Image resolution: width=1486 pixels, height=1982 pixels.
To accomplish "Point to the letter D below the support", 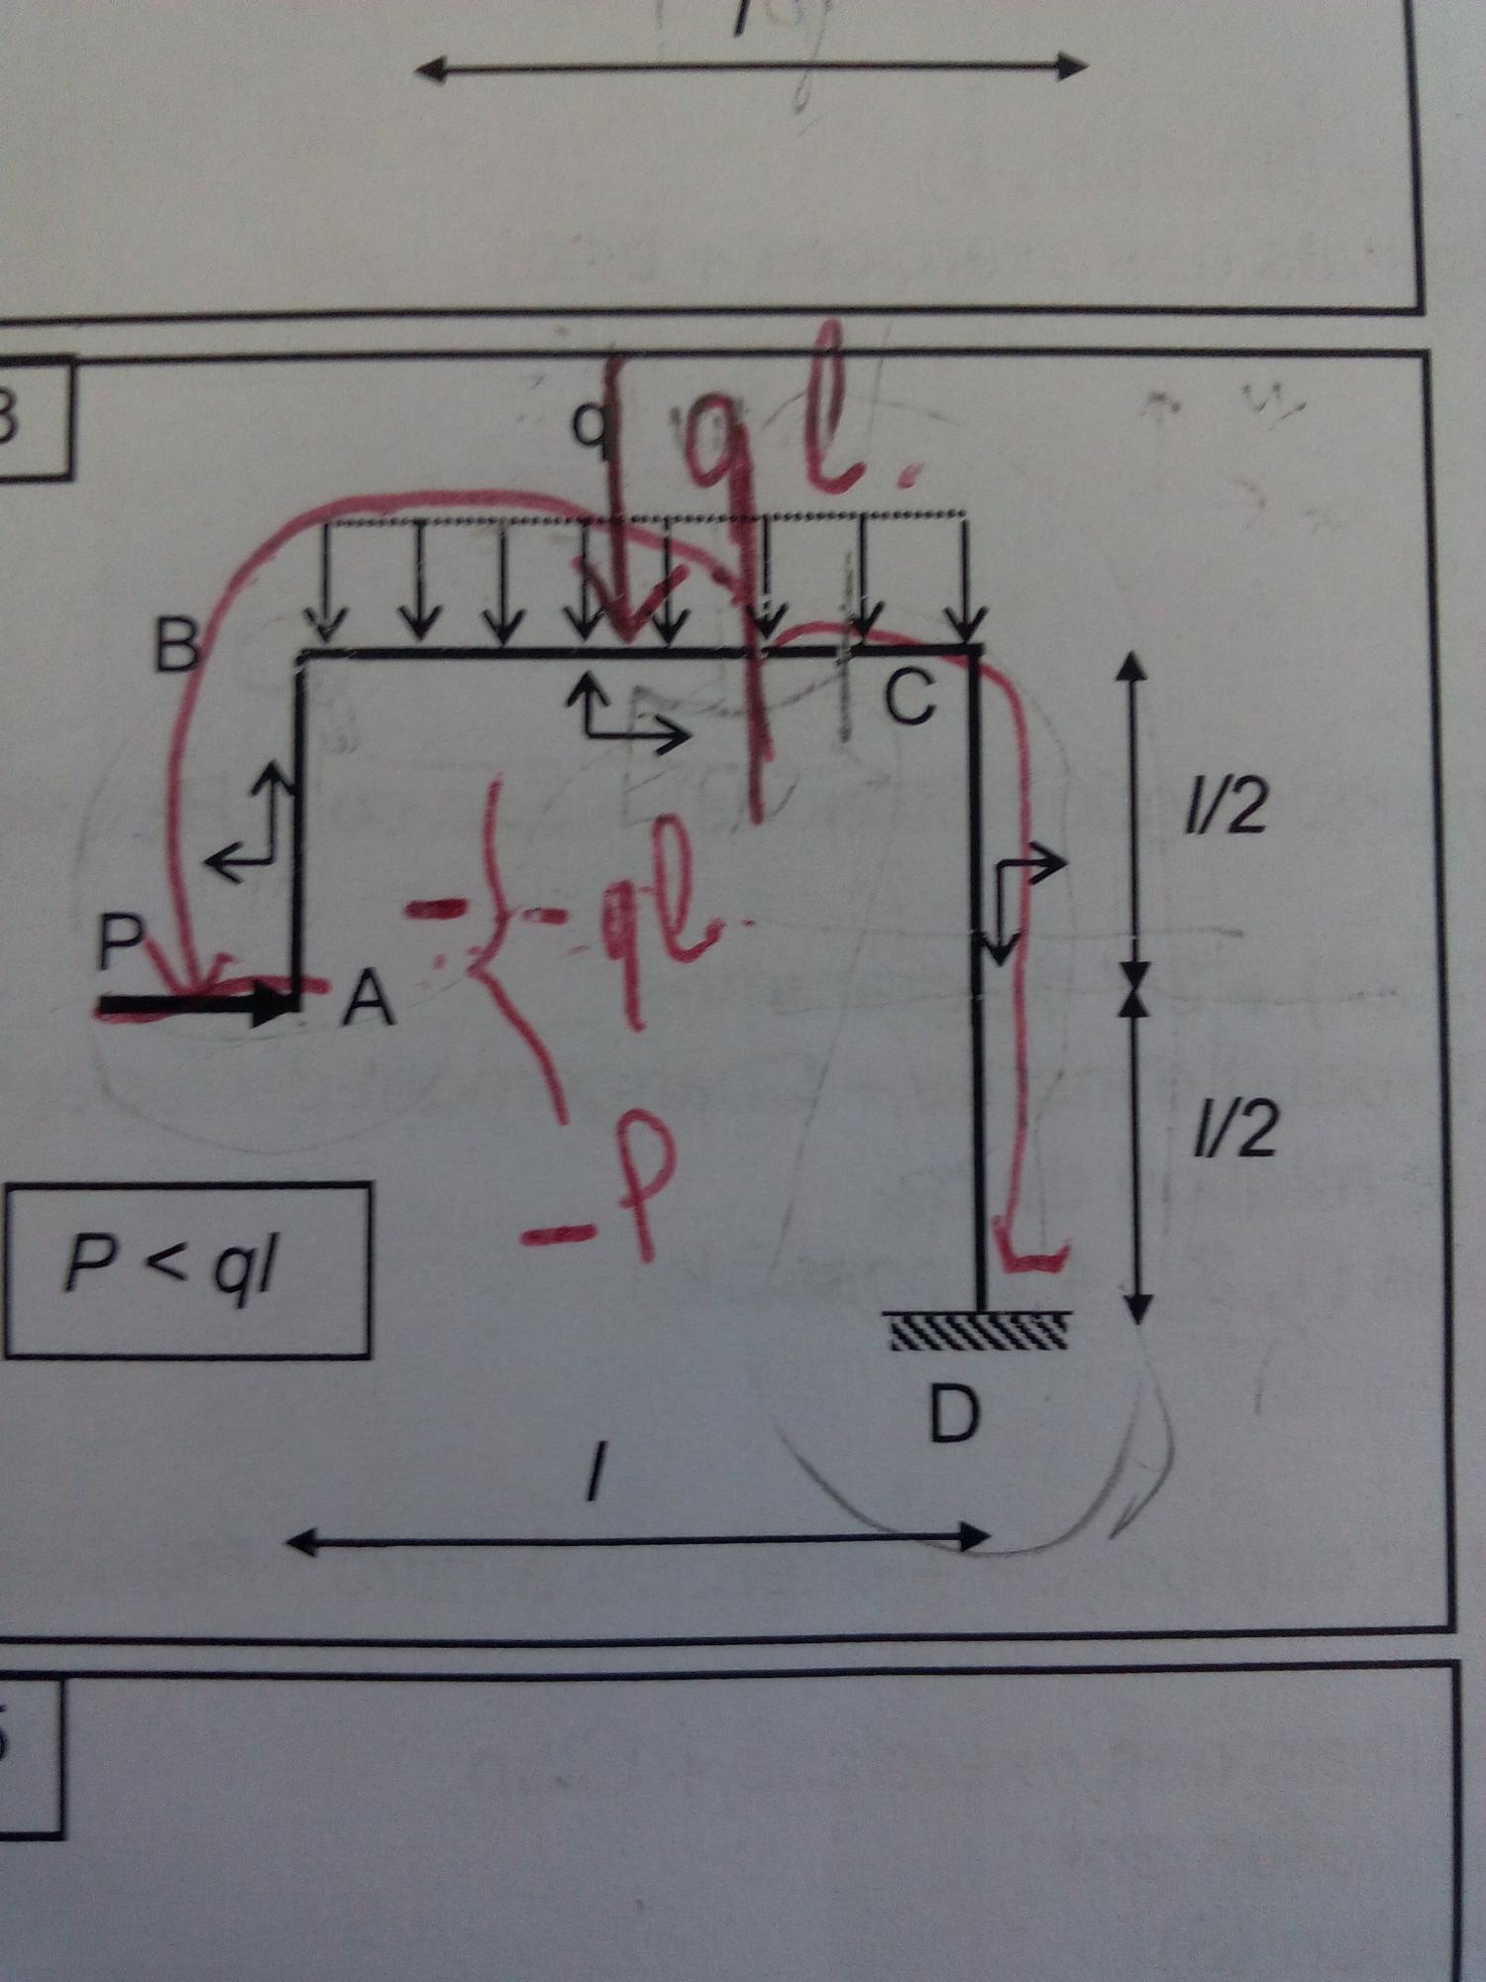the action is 954,1414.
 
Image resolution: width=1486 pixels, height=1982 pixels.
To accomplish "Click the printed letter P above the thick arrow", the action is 121,940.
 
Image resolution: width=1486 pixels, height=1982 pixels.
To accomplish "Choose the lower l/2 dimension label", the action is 1234,1131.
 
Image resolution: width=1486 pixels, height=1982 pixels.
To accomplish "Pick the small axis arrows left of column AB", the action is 253,823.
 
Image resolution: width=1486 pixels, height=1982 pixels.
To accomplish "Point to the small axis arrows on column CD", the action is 1020,897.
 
